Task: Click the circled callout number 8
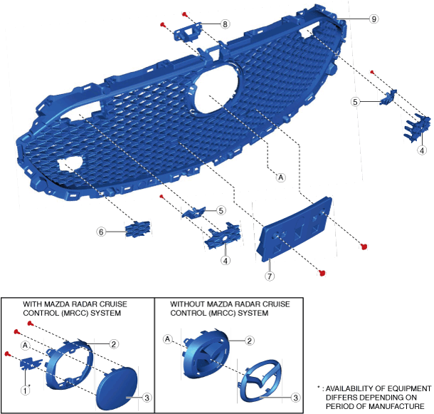[225, 24]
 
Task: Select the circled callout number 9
[374, 19]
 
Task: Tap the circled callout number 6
[102, 232]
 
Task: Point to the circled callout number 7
[270, 275]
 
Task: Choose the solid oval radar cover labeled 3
[116, 385]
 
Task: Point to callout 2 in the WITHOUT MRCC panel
[250, 341]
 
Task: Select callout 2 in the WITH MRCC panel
[114, 343]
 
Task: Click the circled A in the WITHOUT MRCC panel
[168, 338]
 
